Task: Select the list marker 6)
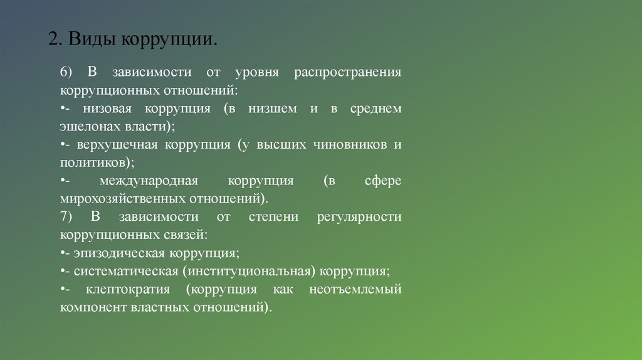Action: pos(67,72)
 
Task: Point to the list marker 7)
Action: pos(67,217)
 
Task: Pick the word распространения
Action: pos(347,72)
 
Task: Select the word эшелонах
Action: pos(85,126)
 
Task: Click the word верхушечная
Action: pos(118,145)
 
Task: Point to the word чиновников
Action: pos(350,145)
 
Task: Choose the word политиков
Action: pos(95,162)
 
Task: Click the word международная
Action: pos(148,181)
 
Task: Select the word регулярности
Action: pos(359,217)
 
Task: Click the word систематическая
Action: pos(125,272)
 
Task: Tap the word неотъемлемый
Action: pos(355,290)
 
